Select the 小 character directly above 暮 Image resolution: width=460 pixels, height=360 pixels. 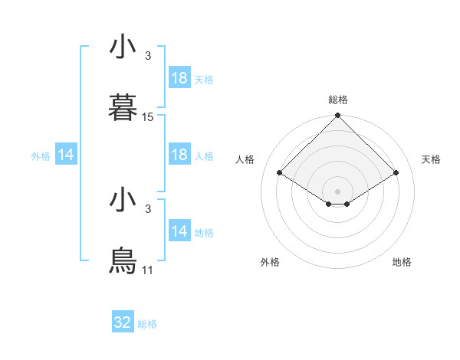[123, 47]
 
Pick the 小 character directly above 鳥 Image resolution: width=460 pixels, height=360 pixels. [123, 201]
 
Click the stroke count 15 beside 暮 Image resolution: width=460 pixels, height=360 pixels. [148, 117]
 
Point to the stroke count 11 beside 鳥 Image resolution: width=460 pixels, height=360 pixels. [148, 270]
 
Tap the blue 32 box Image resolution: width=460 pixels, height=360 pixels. [123, 322]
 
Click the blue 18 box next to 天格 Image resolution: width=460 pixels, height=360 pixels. [179, 78]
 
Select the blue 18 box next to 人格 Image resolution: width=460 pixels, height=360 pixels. [179, 155]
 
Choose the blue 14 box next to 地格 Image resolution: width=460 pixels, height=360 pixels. [179, 231]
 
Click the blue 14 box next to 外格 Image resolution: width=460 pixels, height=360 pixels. [66, 155]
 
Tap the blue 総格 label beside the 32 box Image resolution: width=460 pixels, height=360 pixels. [147, 324]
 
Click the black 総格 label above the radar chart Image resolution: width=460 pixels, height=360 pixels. [337, 100]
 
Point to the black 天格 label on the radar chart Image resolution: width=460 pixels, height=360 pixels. [431, 159]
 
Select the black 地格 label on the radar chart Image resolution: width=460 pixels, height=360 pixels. [402, 262]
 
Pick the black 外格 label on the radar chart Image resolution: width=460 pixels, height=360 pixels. [270, 262]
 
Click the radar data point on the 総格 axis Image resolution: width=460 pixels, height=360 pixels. [337, 116]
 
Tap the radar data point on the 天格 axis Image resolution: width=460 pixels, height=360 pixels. [396, 173]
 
